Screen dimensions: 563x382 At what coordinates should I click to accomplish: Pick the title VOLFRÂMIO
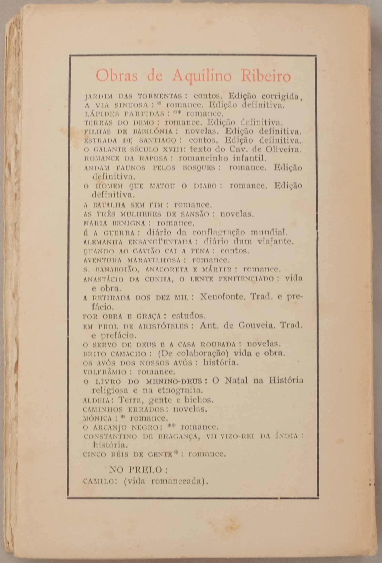click(x=105, y=372)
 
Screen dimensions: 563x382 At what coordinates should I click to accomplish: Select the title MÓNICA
click(x=98, y=419)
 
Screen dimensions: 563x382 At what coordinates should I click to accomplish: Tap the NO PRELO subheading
click(x=138, y=470)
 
